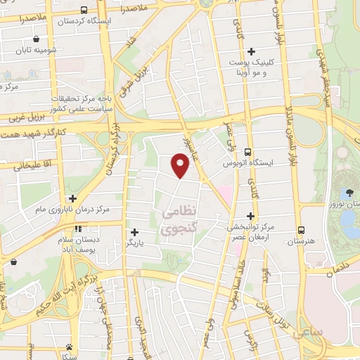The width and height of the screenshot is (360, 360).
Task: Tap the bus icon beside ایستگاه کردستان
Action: point(84,10)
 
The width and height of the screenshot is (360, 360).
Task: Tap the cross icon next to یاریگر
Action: point(134,231)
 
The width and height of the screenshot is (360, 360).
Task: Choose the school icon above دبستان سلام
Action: point(79,229)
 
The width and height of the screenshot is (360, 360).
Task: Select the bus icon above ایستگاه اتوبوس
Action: point(247,151)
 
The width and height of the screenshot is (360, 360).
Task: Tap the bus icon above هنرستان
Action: point(301,230)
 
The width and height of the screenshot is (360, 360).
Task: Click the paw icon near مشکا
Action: point(69,347)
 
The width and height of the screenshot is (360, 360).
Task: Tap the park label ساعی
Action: point(308,330)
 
